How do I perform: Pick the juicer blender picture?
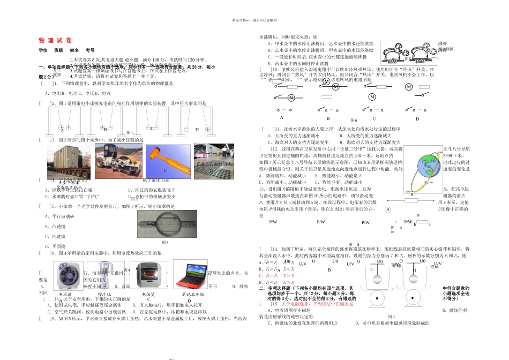click(106, 274)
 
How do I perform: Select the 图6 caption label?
click(354, 121)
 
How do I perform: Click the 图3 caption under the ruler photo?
click(165, 243)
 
